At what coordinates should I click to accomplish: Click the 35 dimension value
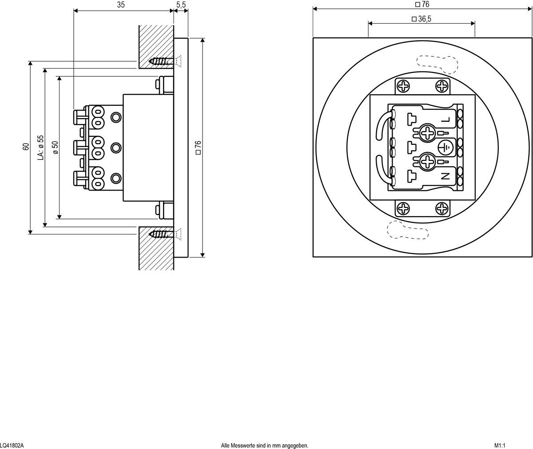(x=121, y=5)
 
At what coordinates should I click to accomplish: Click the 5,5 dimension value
(x=181, y=5)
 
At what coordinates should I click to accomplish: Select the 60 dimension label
(x=26, y=147)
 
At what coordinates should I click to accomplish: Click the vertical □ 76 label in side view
(x=198, y=147)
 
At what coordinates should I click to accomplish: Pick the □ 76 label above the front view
(x=422, y=4)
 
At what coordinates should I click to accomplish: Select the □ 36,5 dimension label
(x=422, y=19)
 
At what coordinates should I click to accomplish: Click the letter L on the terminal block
(x=446, y=120)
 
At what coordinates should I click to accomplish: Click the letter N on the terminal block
(x=445, y=176)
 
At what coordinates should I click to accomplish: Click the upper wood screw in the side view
(x=160, y=61)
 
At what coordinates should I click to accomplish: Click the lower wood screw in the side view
(x=160, y=234)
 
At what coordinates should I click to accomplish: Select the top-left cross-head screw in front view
(x=404, y=86)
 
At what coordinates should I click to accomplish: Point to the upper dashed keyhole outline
(x=436, y=63)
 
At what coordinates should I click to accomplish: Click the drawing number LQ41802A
(x=12, y=445)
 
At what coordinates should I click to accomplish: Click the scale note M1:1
(x=500, y=445)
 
